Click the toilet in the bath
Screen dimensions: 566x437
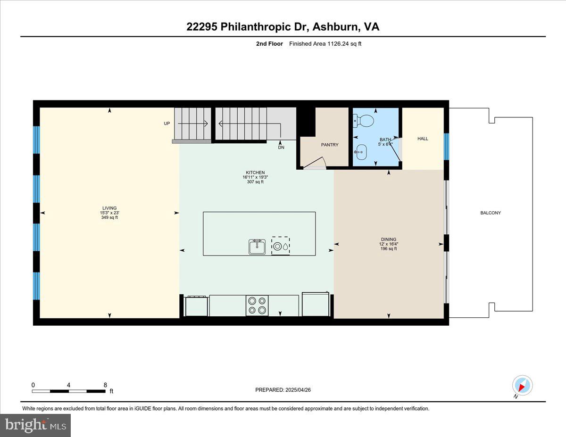point(364,121)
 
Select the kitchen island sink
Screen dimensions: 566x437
point(257,247)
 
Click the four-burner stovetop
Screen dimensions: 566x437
point(257,305)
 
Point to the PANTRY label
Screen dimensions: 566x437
point(330,145)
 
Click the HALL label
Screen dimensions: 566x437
point(423,139)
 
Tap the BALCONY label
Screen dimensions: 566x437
point(491,213)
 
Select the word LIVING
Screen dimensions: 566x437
point(109,208)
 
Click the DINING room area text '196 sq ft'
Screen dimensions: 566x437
point(389,248)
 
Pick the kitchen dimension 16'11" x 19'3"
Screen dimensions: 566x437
point(255,177)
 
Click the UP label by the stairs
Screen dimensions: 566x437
point(166,124)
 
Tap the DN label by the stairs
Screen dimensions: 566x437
point(281,147)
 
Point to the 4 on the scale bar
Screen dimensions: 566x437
point(68,385)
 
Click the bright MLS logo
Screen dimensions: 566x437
point(35,425)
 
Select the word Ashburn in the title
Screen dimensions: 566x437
point(335,27)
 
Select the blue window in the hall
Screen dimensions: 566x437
point(446,147)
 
